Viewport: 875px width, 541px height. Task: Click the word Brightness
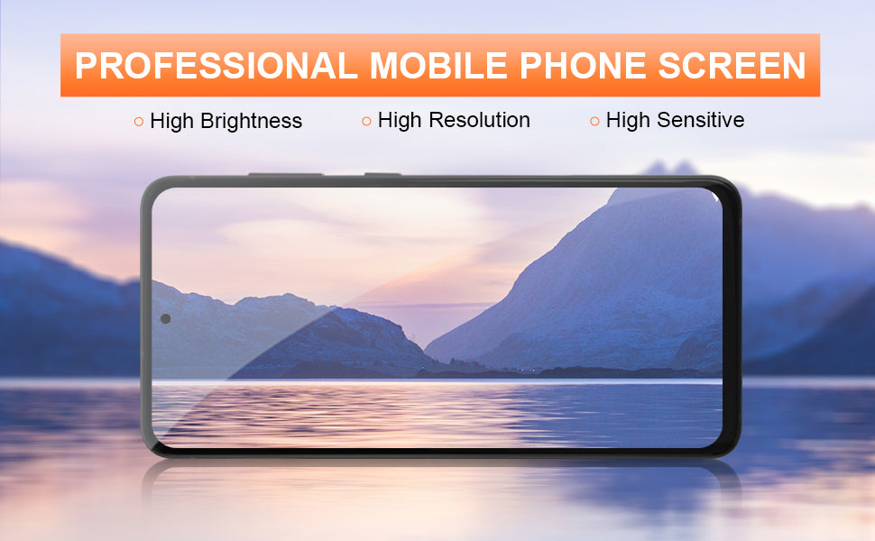[250, 121]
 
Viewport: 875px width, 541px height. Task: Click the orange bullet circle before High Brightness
[139, 121]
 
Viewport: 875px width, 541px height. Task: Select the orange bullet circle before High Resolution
[366, 121]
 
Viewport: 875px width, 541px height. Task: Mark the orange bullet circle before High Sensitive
[594, 121]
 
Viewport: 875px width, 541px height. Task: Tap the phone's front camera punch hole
[165, 318]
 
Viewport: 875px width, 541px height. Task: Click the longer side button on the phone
[285, 175]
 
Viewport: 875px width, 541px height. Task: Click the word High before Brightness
[174, 121]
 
